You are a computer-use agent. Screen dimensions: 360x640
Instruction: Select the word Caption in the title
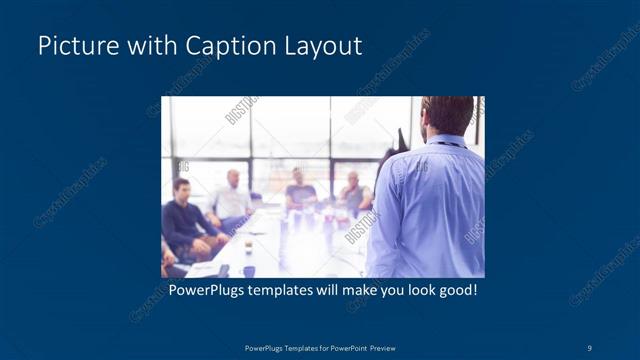coord(217,46)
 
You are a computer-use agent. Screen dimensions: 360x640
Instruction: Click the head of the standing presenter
coord(447,115)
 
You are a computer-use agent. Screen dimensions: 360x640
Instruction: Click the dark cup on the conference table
coord(248,244)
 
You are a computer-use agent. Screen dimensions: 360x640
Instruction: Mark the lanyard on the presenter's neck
coord(451,142)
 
